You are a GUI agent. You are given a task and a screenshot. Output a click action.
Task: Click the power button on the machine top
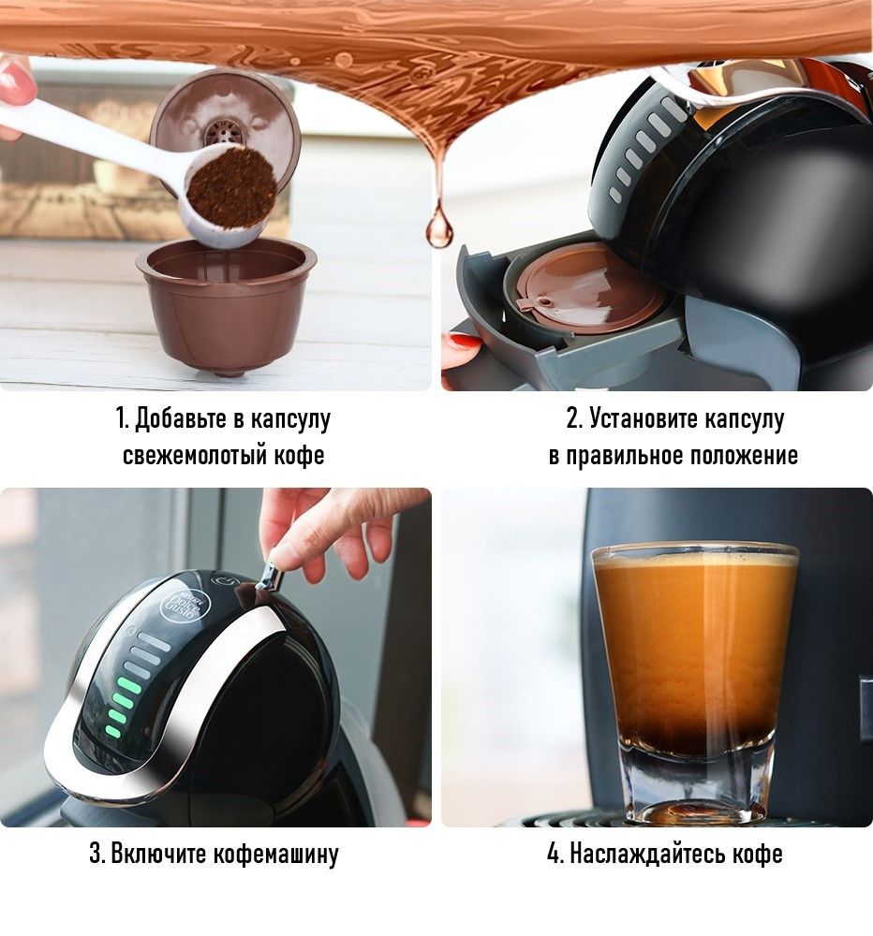(x=226, y=580)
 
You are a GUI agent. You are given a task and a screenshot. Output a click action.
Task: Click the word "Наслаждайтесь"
(x=647, y=854)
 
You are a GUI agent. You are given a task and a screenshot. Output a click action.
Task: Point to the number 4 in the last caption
(x=554, y=854)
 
